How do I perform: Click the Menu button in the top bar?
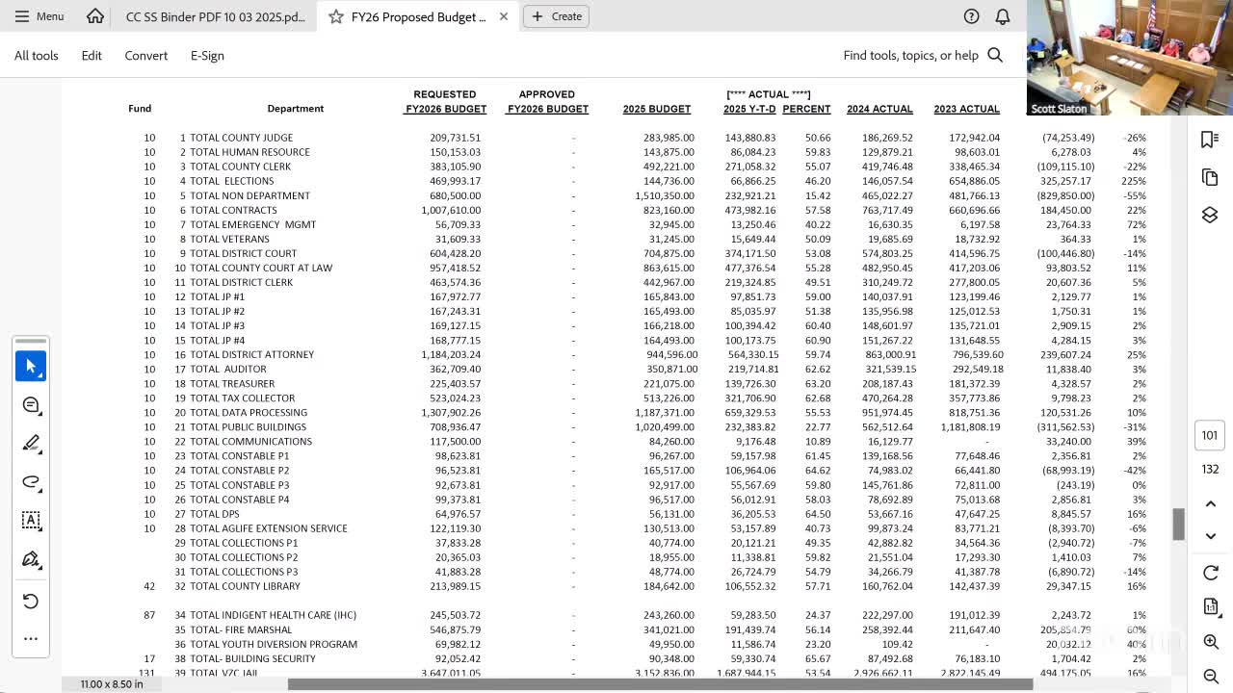[39, 16]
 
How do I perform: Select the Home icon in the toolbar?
[94, 16]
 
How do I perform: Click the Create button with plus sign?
[557, 16]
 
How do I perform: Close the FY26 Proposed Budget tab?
[503, 16]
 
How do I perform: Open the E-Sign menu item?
[207, 56]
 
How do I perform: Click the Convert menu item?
[146, 56]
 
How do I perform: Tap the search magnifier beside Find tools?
[995, 56]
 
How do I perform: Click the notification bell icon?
[1003, 16]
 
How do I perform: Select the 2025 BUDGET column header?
[657, 109]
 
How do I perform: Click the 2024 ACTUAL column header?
[879, 109]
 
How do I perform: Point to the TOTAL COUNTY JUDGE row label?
[241, 138]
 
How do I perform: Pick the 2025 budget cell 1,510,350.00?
[664, 195]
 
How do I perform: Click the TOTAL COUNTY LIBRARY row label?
[245, 586]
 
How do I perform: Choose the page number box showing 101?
[1210, 435]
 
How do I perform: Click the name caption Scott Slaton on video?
[1059, 109]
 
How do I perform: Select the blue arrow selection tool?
[31, 367]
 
